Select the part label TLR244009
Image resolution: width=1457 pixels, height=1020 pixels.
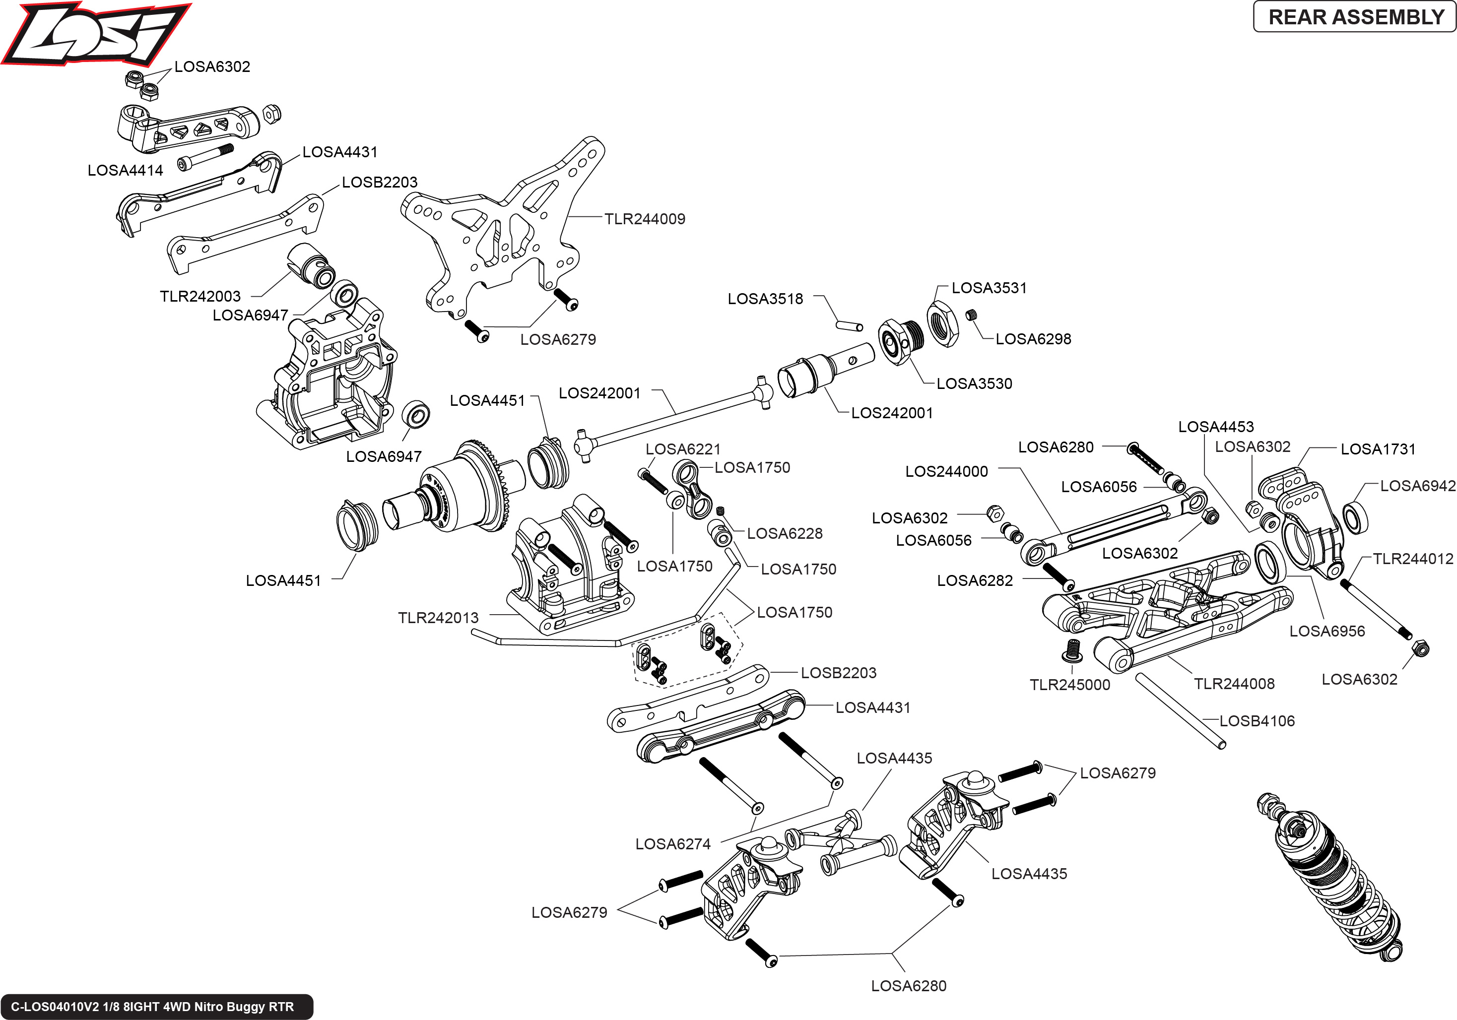(644, 219)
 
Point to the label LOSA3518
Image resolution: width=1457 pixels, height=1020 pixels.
(765, 299)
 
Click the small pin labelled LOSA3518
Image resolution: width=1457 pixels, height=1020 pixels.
(849, 326)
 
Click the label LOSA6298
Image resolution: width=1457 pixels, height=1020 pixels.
(1033, 339)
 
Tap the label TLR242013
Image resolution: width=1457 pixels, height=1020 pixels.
(438, 618)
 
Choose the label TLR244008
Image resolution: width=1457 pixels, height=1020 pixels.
(1234, 684)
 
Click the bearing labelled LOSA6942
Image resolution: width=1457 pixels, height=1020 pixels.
(1355, 517)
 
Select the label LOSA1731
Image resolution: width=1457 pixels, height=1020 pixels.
(1378, 449)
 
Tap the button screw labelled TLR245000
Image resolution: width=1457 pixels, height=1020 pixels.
(1072, 650)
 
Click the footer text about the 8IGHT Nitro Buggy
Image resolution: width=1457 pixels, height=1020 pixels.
(152, 1007)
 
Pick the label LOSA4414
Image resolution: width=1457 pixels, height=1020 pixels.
(125, 171)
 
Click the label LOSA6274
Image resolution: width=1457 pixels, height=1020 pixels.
(672, 844)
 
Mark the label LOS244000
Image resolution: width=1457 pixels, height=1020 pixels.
(946, 471)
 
